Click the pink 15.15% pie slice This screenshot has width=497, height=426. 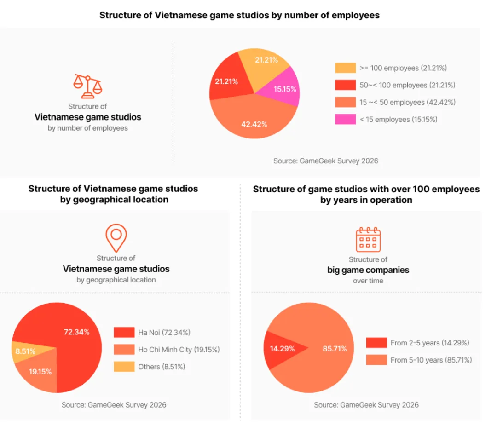282,88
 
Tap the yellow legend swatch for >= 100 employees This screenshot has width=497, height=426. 345,68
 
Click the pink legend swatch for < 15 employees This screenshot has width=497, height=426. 345,119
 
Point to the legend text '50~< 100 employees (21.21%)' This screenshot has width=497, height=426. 407,85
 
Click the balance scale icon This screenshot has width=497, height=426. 88,86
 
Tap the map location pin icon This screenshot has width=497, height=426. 116,238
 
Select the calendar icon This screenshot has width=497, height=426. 368,239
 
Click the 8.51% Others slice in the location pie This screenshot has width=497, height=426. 27,351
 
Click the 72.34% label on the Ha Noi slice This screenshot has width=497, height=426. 77,332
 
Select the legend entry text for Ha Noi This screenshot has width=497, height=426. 164,332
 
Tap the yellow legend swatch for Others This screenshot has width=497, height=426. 124,366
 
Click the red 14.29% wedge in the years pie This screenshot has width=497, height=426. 282,349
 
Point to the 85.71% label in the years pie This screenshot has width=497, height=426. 335,349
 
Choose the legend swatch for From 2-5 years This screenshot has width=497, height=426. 376,343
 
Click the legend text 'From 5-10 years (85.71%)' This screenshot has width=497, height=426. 431,360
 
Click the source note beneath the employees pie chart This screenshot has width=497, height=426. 326,161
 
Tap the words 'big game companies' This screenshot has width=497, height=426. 368,270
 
